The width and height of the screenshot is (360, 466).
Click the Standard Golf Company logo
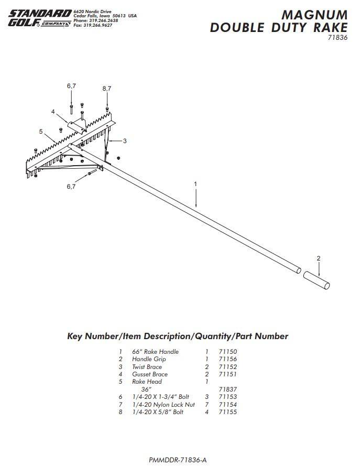38,18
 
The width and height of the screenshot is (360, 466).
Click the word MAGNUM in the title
314,15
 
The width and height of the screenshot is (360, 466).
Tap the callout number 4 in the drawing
53,112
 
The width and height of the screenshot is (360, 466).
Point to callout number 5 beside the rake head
40,132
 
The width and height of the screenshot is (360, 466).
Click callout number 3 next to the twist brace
125,140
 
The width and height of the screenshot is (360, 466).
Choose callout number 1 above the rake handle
195,184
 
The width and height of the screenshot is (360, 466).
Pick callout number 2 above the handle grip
318,258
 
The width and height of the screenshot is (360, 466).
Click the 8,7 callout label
107,89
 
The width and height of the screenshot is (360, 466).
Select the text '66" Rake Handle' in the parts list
155,351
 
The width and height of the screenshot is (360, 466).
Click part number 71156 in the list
228,359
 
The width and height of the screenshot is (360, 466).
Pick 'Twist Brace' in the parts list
147,367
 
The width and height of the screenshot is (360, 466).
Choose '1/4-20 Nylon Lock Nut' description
163,405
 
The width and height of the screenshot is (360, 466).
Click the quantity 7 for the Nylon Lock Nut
207,405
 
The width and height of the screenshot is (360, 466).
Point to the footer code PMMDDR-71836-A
178,460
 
